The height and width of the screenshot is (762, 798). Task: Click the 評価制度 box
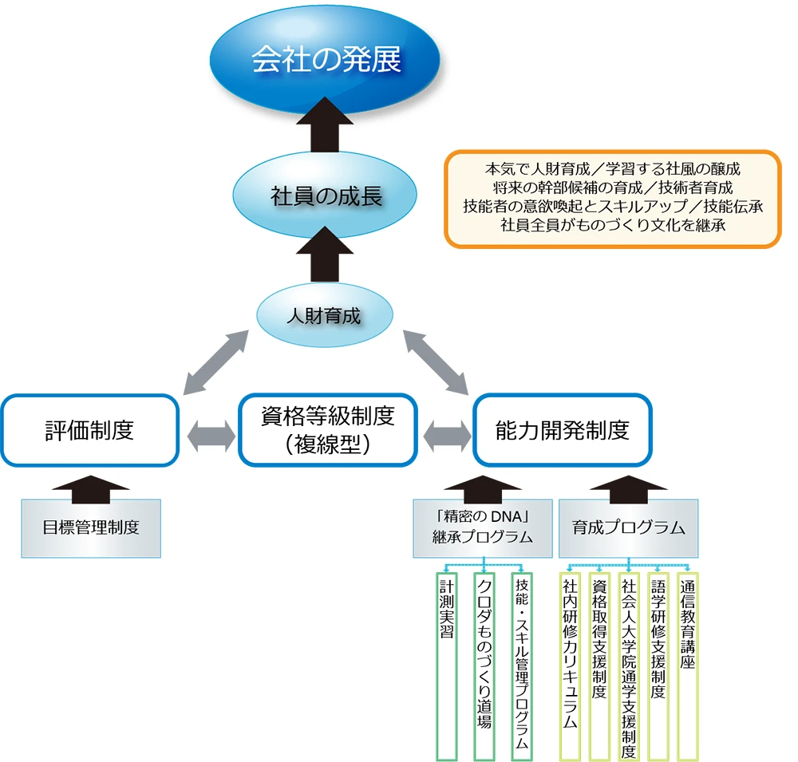pos(89,431)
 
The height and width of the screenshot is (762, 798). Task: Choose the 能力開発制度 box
pos(562,431)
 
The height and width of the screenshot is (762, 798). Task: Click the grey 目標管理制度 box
pos(91,528)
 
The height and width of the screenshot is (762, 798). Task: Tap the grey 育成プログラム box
pos(629,528)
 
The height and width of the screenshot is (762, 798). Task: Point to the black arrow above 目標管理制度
pos(91,487)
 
